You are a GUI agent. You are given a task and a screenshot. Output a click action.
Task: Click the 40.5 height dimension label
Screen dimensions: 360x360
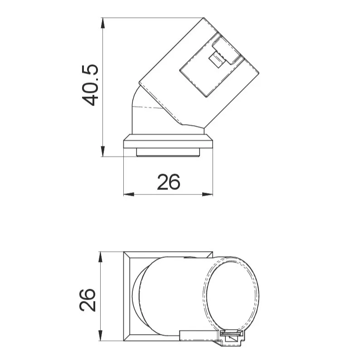[x=90, y=85]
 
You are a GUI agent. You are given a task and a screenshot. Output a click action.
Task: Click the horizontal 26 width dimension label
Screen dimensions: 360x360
[x=169, y=182]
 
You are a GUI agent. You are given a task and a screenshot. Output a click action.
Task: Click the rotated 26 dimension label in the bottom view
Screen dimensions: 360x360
[x=88, y=300]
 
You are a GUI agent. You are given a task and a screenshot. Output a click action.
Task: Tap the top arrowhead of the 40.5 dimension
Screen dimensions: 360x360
[x=102, y=23]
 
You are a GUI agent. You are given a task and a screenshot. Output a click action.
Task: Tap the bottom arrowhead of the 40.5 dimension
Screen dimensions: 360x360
[x=102, y=151]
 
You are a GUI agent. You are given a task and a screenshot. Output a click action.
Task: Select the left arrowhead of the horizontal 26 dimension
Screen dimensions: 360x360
[x=129, y=194]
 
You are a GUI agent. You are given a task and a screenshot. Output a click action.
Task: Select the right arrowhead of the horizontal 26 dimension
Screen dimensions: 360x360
[x=208, y=194]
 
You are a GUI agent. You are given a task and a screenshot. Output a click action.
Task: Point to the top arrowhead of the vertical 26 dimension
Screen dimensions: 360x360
[x=100, y=257]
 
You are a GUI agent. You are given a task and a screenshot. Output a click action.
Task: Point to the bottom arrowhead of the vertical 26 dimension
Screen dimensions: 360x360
[x=100, y=336]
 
